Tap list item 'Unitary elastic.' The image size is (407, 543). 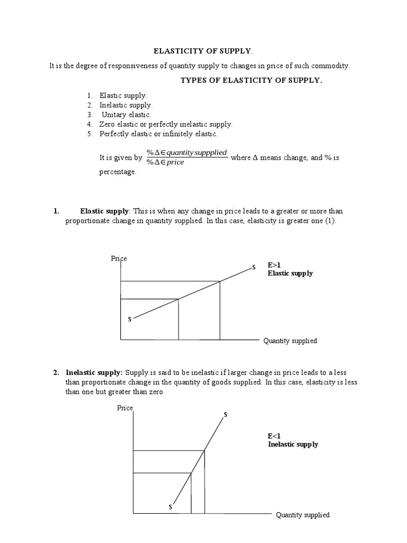pos(126,115)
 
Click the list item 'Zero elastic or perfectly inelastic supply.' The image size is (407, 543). pos(166,124)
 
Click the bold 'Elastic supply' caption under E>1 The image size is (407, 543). pos(290,274)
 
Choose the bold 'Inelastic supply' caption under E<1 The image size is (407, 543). pos(293,444)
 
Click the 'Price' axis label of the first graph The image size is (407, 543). pos(119,259)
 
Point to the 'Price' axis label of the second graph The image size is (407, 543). pos(125,408)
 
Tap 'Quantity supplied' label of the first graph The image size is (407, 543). pos(290,341)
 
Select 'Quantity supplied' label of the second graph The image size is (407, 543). pos(303,515)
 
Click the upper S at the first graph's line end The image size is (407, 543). pos(253,267)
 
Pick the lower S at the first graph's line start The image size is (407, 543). pos(129,319)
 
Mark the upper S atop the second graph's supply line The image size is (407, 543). pos(225,414)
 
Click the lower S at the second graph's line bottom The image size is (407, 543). pos(170,507)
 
